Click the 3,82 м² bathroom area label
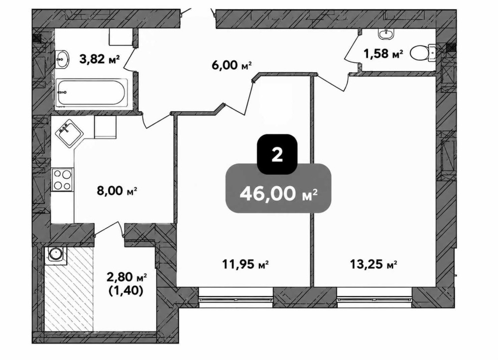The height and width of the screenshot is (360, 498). point(100,59)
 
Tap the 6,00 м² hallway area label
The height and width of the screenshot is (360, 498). point(232,65)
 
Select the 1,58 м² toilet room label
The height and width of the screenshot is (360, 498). point(383,54)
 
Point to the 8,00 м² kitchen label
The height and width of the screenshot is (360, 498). point(117,191)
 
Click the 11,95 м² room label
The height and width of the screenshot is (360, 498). point(245,264)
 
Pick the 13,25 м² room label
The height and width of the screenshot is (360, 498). point(373,264)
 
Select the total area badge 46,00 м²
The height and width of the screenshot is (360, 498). point(278,188)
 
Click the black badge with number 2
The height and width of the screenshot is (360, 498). point(277,154)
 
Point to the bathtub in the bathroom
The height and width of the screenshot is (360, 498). point(92,93)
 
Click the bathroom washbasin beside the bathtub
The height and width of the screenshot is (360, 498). point(62,59)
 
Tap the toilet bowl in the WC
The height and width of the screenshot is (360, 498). point(423,53)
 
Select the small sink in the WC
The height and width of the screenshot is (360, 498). point(386,34)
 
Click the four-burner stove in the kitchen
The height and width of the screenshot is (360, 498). point(62,179)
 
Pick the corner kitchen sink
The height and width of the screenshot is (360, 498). point(69,133)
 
